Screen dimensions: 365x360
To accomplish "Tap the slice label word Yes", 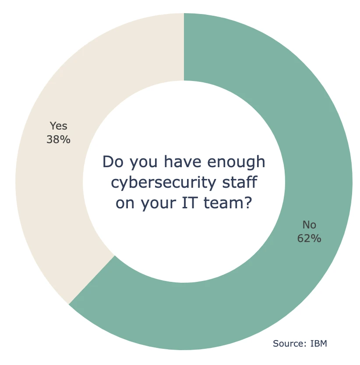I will coord(58,126).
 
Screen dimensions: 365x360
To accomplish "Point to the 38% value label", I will coord(58,140).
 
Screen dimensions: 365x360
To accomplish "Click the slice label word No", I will coord(309,225).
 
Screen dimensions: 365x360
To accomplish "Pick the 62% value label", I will coord(309,239).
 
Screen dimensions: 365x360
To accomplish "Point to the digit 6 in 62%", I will coord(300,239).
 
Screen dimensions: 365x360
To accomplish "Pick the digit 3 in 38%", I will coord(49,140).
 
